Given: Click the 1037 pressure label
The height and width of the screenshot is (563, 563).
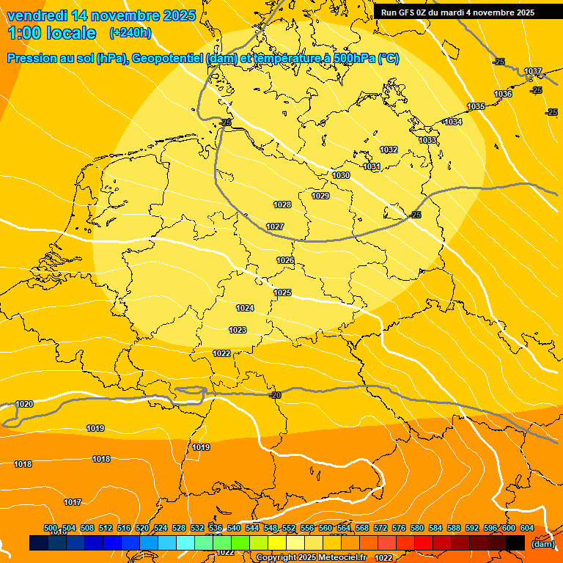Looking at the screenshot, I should pos(533,71).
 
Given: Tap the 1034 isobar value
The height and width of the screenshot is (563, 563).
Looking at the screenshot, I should pos(453,122).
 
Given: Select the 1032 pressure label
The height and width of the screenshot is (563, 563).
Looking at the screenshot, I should pos(389,150).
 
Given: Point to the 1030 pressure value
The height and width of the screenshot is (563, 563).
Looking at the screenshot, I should pos(341,175).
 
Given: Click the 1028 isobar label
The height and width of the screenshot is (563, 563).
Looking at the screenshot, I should pos(282,205).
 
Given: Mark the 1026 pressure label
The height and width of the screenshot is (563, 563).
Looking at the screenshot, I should pos(285,260).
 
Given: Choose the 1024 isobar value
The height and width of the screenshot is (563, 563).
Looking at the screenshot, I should pos(245,308).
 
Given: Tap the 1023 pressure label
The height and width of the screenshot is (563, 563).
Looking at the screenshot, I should pos(238,330).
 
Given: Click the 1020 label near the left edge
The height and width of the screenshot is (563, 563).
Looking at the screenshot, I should pos(24,404).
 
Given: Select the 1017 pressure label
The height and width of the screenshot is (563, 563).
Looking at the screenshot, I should pos(72,502).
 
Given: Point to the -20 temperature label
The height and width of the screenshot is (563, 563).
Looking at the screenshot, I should pos(275,395).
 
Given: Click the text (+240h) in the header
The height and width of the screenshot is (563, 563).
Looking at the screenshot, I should pos(130,33).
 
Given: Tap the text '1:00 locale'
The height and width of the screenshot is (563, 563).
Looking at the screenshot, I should pos(52,33).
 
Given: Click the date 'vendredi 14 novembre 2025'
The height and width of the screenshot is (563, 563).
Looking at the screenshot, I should pos(101,15).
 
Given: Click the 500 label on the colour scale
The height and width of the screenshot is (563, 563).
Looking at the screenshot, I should pos(51,528).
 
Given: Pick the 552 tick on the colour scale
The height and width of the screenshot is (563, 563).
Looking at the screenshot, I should pos(289,528).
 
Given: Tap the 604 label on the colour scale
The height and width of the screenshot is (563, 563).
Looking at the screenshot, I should pos(527,528).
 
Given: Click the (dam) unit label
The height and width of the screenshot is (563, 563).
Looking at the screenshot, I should pos(542,543).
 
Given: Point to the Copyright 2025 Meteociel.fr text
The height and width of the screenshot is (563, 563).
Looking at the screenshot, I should pos(311,557).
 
